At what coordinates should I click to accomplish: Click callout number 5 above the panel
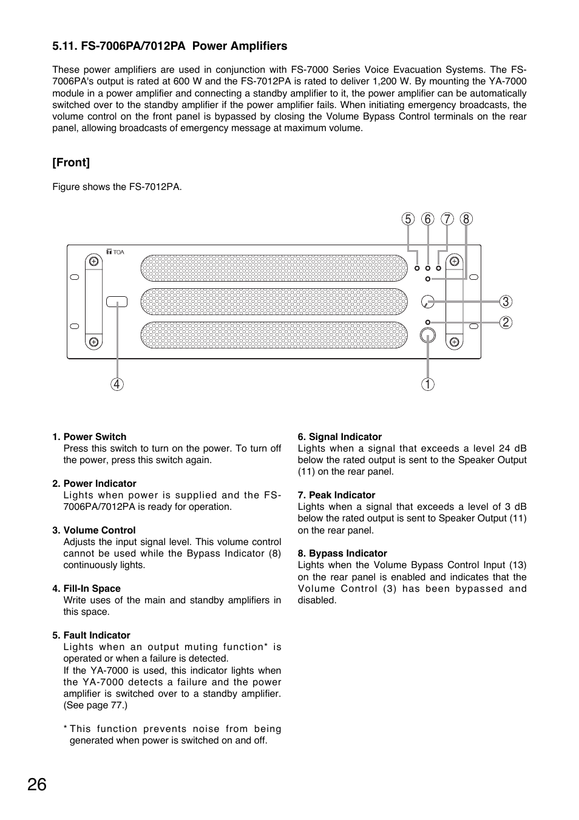tap(408, 219)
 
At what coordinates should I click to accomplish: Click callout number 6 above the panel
tap(428, 219)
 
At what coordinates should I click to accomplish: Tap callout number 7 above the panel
tap(447, 219)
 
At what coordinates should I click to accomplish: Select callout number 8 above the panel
tap(466, 219)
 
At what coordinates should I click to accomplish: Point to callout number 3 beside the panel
tap(506, 302)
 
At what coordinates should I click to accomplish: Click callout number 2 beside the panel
tap(506, 322)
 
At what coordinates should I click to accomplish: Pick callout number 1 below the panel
tap(428, 384)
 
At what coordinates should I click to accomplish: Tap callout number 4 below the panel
tap(117, 384)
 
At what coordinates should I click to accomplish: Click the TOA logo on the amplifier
tap(115, 252)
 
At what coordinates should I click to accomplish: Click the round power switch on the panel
tap(428, 335)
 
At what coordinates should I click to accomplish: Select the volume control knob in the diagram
tap(428, 302)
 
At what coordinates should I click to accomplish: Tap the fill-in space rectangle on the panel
tap(117, 302)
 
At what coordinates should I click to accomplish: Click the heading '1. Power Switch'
tap(89, 437)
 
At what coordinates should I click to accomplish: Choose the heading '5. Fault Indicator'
tap(91, 635)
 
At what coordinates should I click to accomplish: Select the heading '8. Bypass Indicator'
tap(342, 554)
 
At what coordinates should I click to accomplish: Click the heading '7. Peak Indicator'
tap(336, 495)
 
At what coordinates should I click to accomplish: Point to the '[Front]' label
tap(71, 163)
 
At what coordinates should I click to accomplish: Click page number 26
tap(36, 785)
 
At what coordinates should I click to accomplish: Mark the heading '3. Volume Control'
tap(94, 530)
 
